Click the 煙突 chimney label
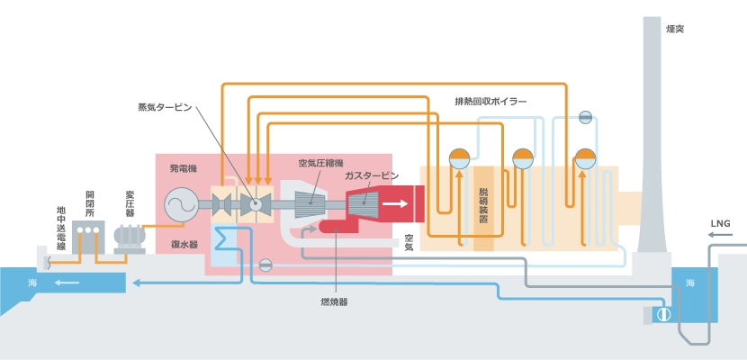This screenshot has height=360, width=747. click(675, 29)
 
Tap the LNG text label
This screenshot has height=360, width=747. click(720, 223)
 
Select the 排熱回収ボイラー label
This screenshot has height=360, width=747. click(490, 102)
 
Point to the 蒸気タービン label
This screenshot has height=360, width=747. click(165, 108)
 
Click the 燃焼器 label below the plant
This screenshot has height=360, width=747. click(334, 301)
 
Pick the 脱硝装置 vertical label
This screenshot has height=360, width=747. click(483, 206)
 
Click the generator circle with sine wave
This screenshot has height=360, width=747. click(181, 205)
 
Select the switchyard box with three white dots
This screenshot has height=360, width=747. click(88, 237)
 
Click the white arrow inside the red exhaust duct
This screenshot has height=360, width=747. click(395, 203)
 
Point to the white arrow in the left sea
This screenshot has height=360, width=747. click(67, 283)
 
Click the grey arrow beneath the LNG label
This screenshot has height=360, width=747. click(720, 234)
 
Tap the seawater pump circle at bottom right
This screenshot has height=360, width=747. click(663, 315)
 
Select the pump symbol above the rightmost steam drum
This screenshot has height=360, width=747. click(585, 117)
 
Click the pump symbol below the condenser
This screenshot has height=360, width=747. click(265, 265)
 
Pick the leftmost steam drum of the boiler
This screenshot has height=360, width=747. click(459, 158)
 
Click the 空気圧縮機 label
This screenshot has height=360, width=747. click(320, 163)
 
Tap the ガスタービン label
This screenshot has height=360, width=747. click(372, 176)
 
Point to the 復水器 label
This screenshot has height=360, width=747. click(184, 245)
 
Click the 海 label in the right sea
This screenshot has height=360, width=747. click(689, 283)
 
